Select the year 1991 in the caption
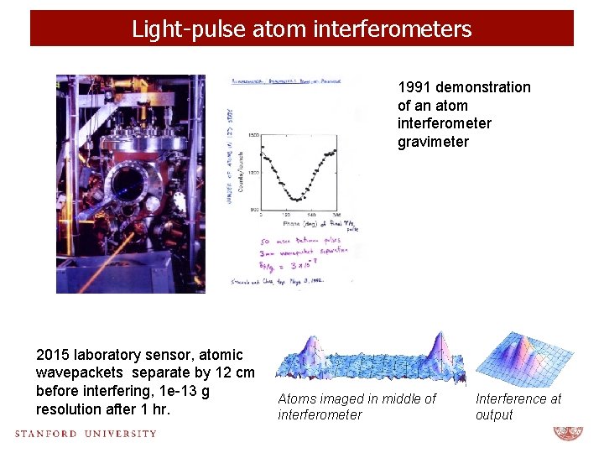[x=415, y=87]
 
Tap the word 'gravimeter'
[x=433, y=142]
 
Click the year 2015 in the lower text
[x=52, y=355]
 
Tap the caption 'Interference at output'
[x=518, y=407]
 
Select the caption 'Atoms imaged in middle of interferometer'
[x=357, y=407]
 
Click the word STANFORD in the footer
[x=47, y=434]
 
